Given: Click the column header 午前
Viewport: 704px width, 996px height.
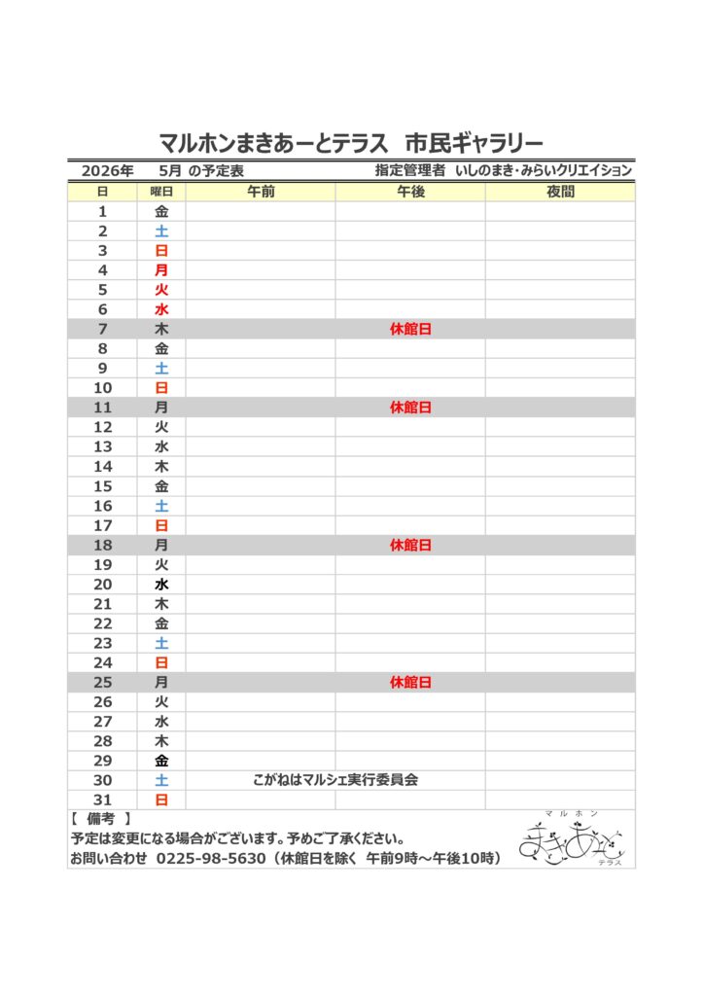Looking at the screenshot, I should point(261,192).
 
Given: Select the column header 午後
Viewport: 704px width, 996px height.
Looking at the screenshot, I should point(410,192).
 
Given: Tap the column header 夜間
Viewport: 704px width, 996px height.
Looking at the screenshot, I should point(560,192).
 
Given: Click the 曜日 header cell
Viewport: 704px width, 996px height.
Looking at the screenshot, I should point(161,192).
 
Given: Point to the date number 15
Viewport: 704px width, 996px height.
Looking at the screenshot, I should point(103,486).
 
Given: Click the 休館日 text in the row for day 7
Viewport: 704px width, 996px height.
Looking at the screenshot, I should point(410,330).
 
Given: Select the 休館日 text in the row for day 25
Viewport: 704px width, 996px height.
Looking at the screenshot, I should point(410,683).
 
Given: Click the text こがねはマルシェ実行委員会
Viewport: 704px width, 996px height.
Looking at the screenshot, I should point(335,780).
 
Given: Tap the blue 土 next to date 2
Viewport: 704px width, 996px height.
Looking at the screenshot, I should point(161,231).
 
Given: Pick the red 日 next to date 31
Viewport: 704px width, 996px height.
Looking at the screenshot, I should point(161,800).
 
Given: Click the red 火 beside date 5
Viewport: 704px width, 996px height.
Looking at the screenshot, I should point(161,290).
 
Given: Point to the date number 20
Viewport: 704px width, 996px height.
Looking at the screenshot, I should point(103,585).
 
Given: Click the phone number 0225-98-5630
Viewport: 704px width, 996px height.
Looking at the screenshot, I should point(211,859).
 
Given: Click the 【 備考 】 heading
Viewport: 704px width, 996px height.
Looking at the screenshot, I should point(101,820).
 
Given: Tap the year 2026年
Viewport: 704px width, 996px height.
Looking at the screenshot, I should point(107,170).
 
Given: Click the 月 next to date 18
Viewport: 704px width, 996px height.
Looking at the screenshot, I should point(161,546).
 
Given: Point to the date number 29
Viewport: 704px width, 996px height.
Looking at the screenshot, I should point(103,761).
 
